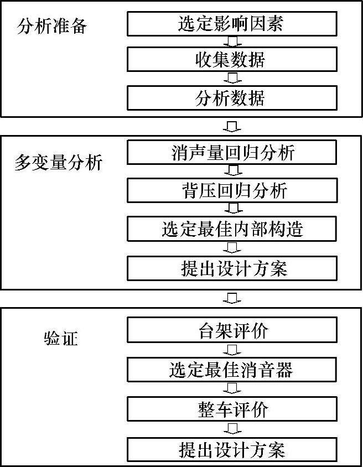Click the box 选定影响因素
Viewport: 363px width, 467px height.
232,23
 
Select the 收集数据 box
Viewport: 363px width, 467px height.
232,59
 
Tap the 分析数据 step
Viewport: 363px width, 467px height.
232,97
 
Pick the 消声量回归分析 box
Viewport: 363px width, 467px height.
232,152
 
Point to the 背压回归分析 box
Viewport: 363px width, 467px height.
232,190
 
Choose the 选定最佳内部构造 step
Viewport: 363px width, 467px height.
232,228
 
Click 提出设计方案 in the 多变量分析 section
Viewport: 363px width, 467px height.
232,268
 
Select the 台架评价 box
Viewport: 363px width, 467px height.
232,330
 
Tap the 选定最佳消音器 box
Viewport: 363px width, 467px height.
232,369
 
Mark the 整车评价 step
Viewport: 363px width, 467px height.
232,409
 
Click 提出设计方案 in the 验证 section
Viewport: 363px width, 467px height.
232,449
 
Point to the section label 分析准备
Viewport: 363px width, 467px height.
52,26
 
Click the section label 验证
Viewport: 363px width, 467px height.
60,338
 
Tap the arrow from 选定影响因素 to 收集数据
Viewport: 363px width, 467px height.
233,41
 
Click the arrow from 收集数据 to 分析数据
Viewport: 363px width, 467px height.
233,78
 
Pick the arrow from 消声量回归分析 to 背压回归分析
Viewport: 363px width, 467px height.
233,171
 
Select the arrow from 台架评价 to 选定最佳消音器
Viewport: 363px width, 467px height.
233,350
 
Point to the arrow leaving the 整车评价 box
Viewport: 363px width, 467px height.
233,429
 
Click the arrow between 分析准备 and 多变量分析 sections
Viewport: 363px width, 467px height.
233,126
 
